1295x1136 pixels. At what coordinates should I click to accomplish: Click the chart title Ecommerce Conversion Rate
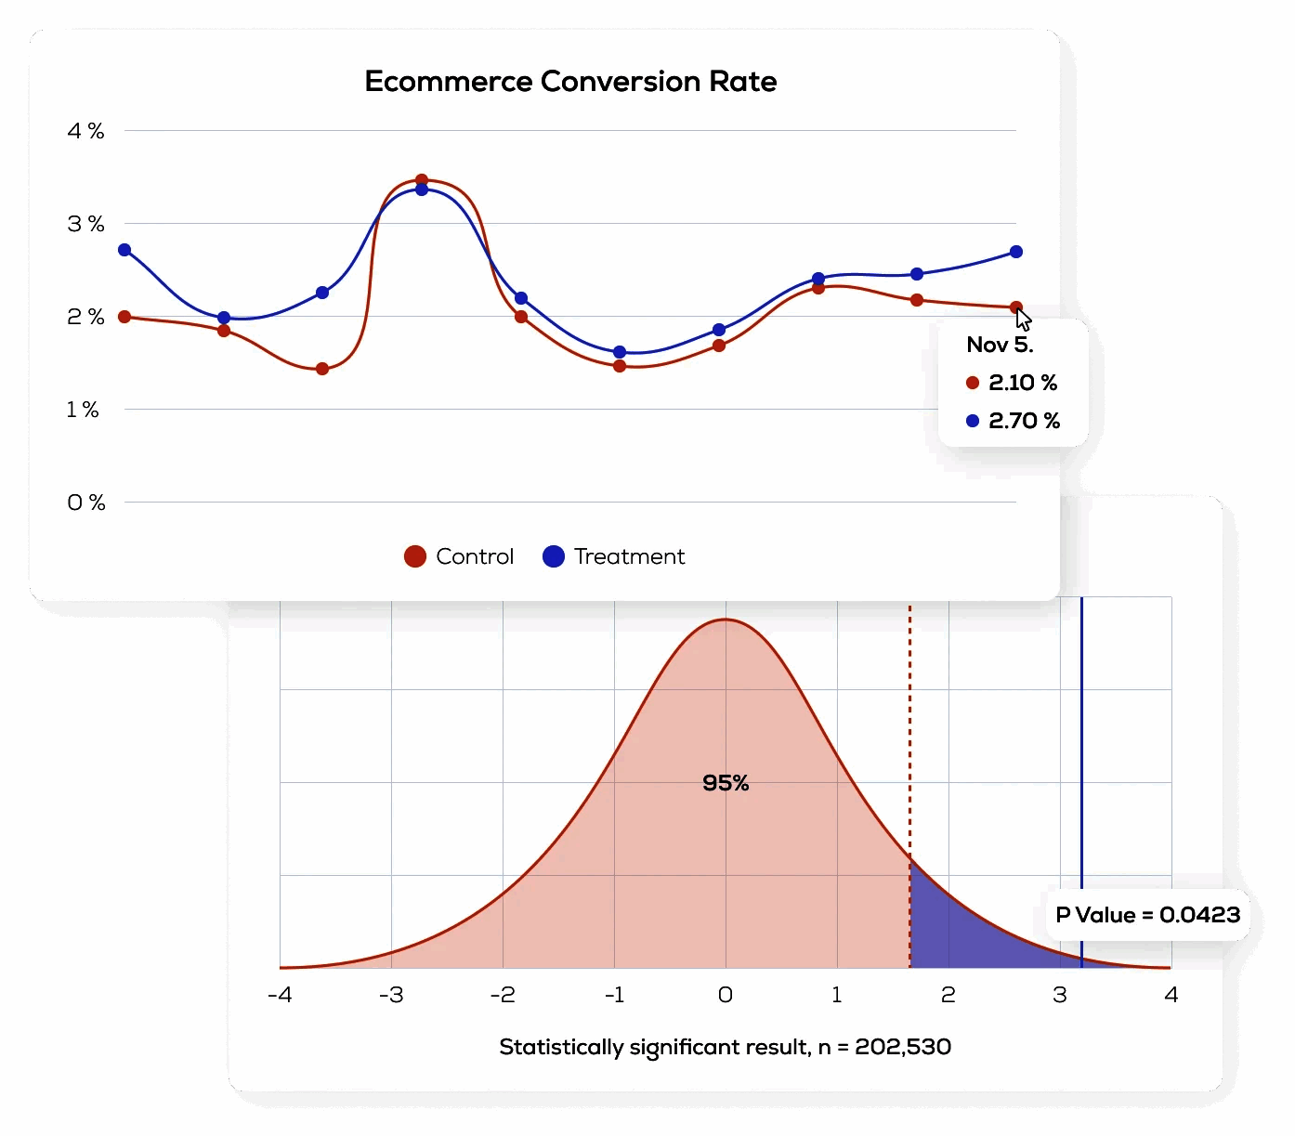570,82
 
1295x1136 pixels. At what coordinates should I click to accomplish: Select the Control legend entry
460,556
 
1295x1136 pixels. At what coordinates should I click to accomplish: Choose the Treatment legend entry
614,556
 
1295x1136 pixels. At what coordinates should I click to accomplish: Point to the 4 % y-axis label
85,131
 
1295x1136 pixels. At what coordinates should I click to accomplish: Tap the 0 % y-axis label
85,503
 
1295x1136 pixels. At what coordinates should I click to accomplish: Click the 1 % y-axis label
83,410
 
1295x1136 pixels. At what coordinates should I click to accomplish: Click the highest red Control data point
422,180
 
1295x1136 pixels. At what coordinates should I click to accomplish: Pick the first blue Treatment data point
124,250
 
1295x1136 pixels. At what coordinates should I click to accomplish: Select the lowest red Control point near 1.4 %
322,369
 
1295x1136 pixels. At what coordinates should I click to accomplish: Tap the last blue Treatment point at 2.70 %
1016,252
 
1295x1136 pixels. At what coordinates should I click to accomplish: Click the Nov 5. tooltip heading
1000,345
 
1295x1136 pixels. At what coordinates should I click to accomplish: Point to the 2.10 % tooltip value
1023,383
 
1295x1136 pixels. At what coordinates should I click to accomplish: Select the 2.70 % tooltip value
1024,421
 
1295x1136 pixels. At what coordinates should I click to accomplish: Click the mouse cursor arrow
1023,319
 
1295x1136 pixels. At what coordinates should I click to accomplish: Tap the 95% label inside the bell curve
726,783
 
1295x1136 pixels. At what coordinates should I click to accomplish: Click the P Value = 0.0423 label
1148,915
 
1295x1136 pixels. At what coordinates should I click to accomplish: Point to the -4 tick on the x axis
280,995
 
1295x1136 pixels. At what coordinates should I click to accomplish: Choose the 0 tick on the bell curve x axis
726,995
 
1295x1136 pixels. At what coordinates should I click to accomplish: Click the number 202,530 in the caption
903,1047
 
